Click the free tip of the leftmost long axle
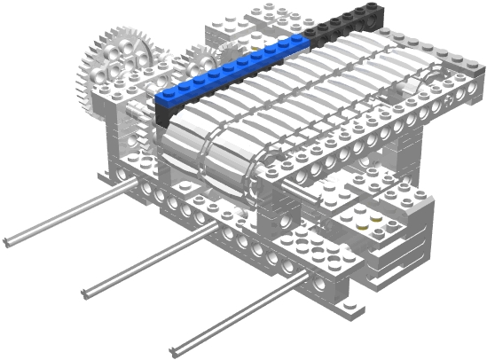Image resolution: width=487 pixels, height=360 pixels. [x=7, y=240]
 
